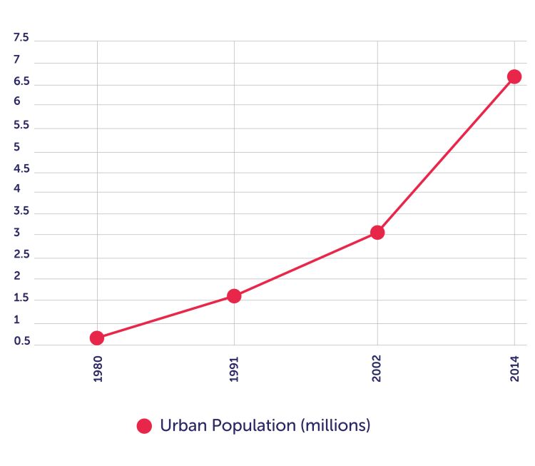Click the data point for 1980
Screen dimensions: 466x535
click(97, 338)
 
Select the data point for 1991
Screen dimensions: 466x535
click(234, 295)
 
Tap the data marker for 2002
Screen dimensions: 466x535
click(377, 232)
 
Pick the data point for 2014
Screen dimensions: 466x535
click(514, 76)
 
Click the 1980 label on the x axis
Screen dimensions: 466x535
click(98, 370)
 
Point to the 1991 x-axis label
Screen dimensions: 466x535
click(234, 370)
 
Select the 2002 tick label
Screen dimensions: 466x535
click(377, 370)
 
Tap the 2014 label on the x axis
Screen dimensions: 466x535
click(514, 370)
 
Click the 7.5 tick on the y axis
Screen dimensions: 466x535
click(21, 39)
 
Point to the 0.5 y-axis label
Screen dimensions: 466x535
click(21, 341)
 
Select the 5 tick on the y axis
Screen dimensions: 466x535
click(17, 147)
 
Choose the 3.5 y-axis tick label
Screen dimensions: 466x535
click(21, 211)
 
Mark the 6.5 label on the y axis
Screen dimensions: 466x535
click(21, 81)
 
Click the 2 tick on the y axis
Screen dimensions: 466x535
click(17, 276)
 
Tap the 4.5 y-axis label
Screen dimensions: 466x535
click(21, 168)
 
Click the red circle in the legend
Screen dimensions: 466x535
click(145, 426)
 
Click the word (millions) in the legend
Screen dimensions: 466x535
click(335, 426)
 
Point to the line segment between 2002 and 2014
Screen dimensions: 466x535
click(446, 154)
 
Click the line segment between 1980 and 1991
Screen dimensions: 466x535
click(165, 317)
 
